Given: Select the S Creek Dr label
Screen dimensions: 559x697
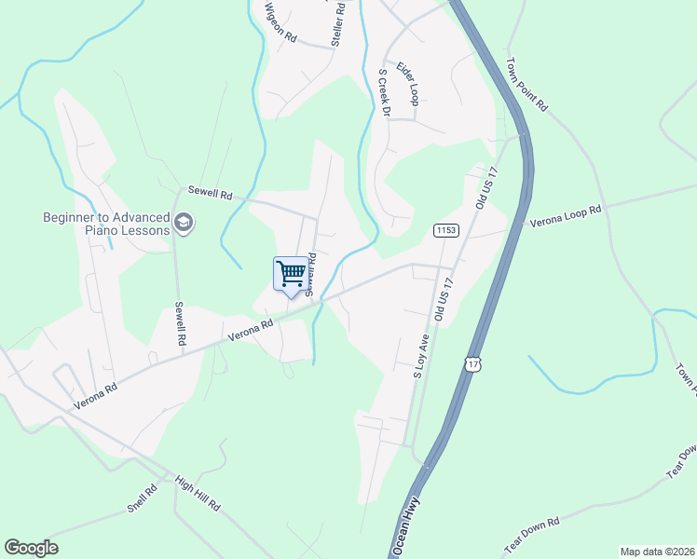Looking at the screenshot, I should pyautogui.click(x=382, y=94).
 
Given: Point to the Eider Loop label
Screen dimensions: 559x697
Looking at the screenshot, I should pyautogui.click(x=409, y=84).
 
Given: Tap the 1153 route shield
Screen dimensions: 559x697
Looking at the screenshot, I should pyautogui.click(x=444, y=229).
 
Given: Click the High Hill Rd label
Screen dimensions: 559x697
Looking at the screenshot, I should pyautogui.click(x=197, y=493).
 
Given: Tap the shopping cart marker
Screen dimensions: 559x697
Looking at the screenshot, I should pyautogui.click(x=292, y=274).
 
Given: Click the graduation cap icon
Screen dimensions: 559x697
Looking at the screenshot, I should pyautogui.click(x=183, y=224).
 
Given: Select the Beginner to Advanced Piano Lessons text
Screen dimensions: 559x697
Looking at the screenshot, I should pyautogui.click(x=106, y=224).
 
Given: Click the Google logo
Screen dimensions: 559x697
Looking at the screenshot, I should pyautogui.click(x=31, y=548).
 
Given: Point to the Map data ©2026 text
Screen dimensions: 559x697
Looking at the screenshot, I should pyautogui.click(x=657, y=552).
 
